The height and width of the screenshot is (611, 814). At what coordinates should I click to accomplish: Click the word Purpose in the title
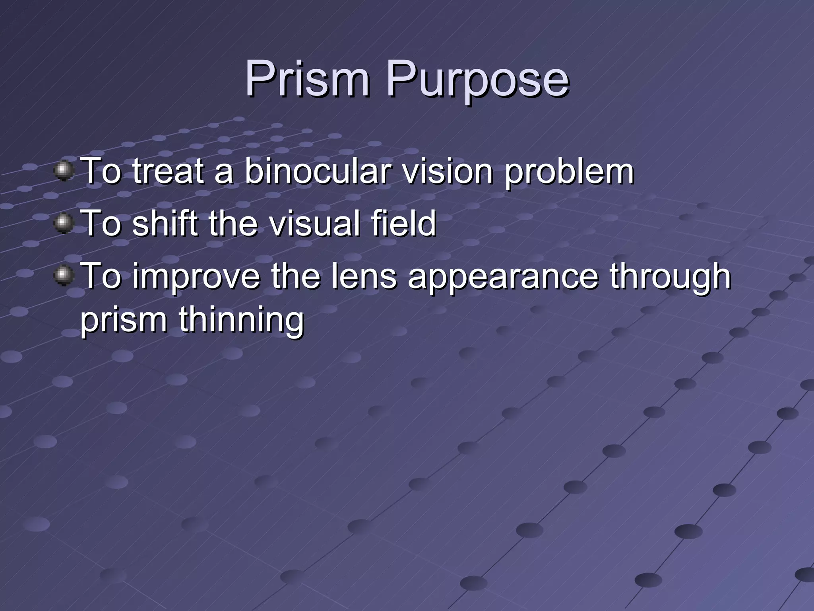[477, 82]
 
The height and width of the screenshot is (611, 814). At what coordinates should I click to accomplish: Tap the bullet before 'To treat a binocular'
[64, 171]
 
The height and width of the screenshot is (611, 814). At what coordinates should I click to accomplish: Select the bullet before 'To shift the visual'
[64, 223]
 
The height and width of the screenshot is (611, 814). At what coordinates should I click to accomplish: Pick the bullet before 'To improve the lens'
[64, 276]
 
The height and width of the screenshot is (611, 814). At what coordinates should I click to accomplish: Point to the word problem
[569, 173]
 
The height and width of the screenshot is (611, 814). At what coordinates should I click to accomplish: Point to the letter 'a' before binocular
[223, 173]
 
